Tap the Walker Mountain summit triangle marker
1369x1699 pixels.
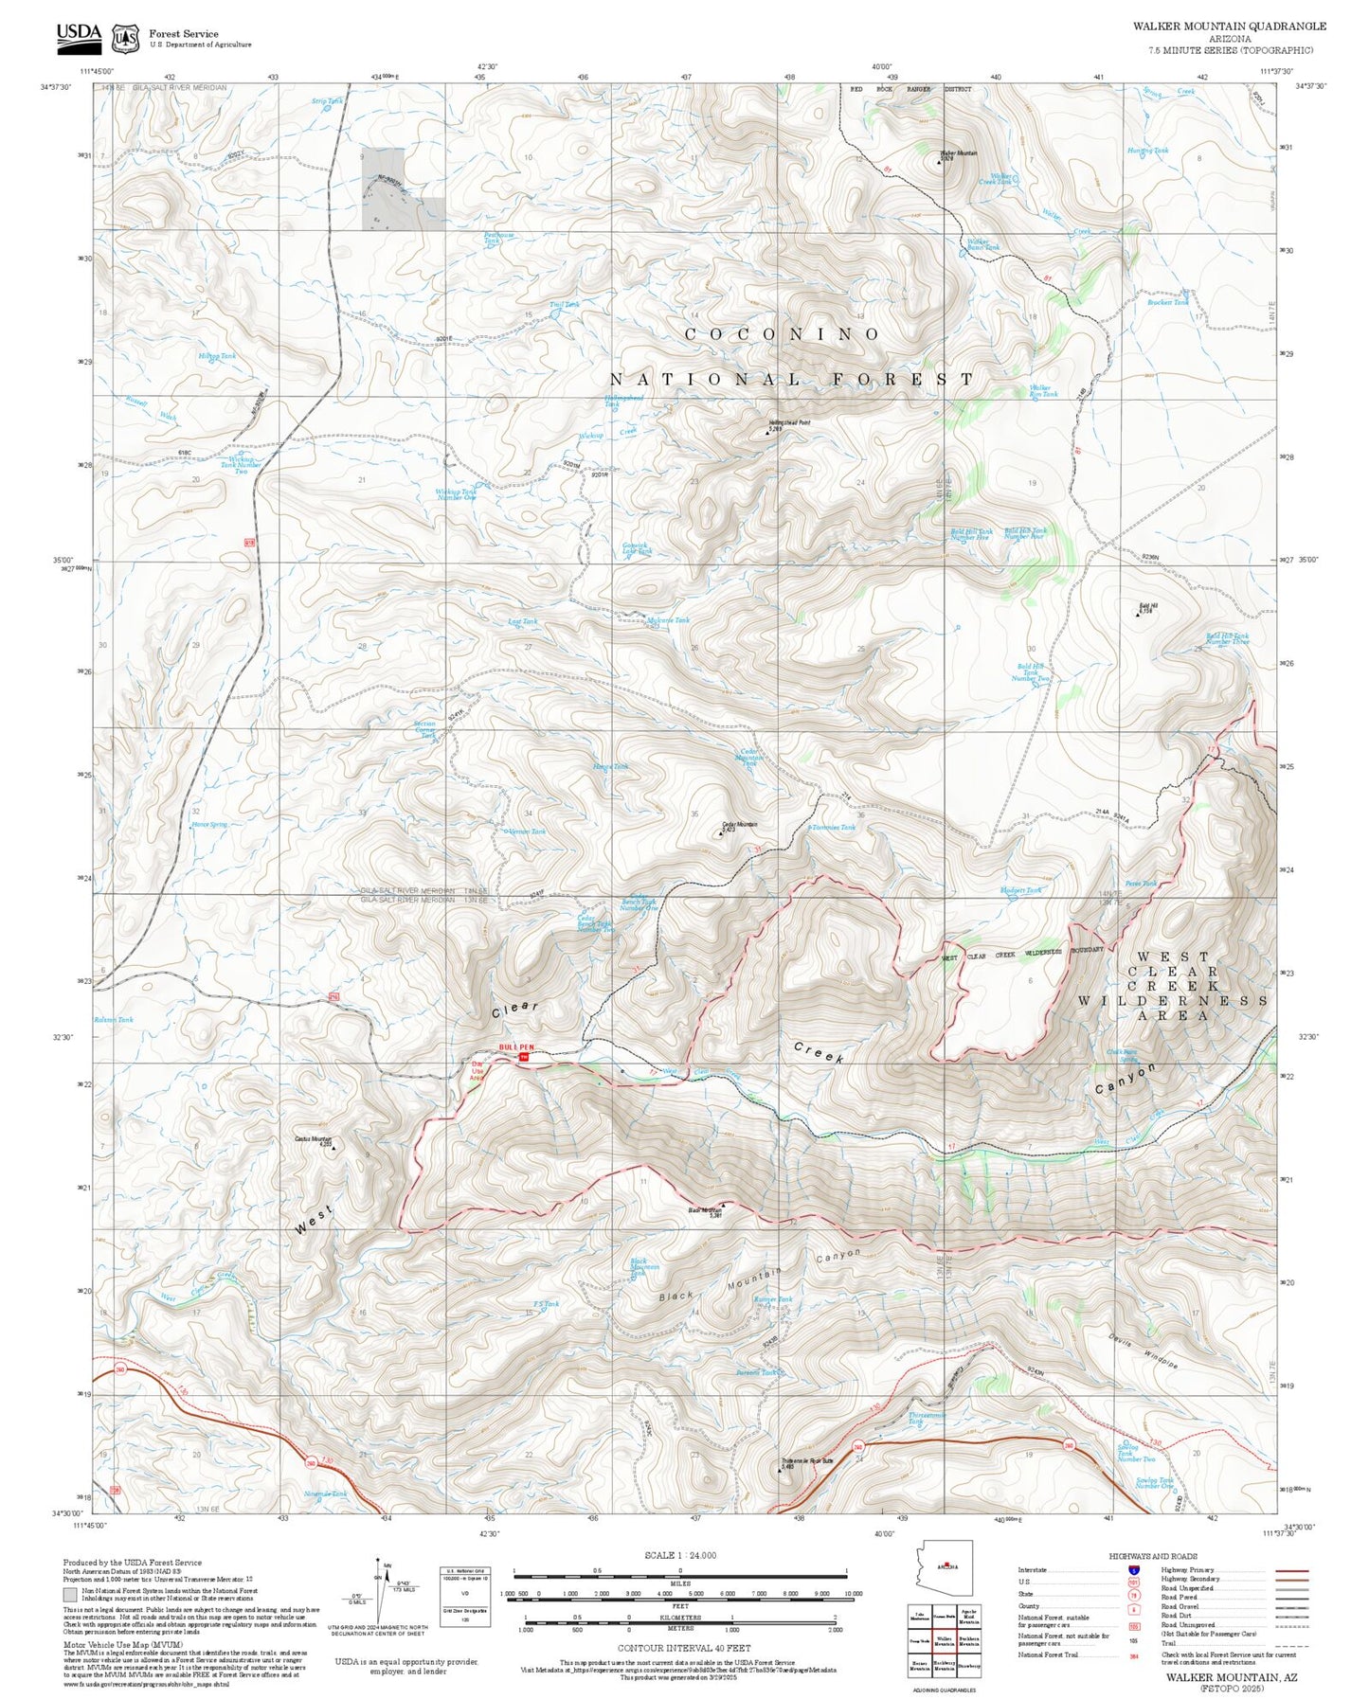click(939, 163)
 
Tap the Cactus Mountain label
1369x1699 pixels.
click(313, 1139)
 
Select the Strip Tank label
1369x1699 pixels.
click(327, 100)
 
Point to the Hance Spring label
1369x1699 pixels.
click(208, 824)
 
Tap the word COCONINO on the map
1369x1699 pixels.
click(782, 334)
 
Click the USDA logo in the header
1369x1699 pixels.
click(79, 35)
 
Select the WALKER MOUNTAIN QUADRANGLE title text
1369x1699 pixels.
click(1229, 27)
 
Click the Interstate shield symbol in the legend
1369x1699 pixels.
click(1133, 1570)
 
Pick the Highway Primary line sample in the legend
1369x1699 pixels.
click(1291, 1570)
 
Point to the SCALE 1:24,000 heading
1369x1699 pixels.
click(679, 1555)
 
